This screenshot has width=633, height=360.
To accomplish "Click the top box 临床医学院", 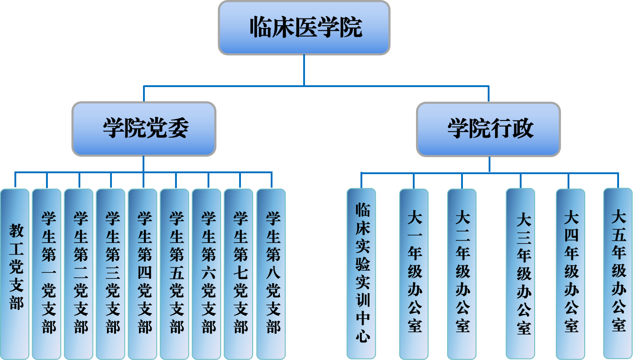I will [x=304, y=28].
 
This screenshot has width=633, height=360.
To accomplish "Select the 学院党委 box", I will [x=144, y=129].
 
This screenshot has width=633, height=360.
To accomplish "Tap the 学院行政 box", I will [x=489, y=129].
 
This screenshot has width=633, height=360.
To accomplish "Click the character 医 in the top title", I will [x=306, y=28].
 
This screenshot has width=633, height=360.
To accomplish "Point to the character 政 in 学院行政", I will [x=522, y=129].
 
